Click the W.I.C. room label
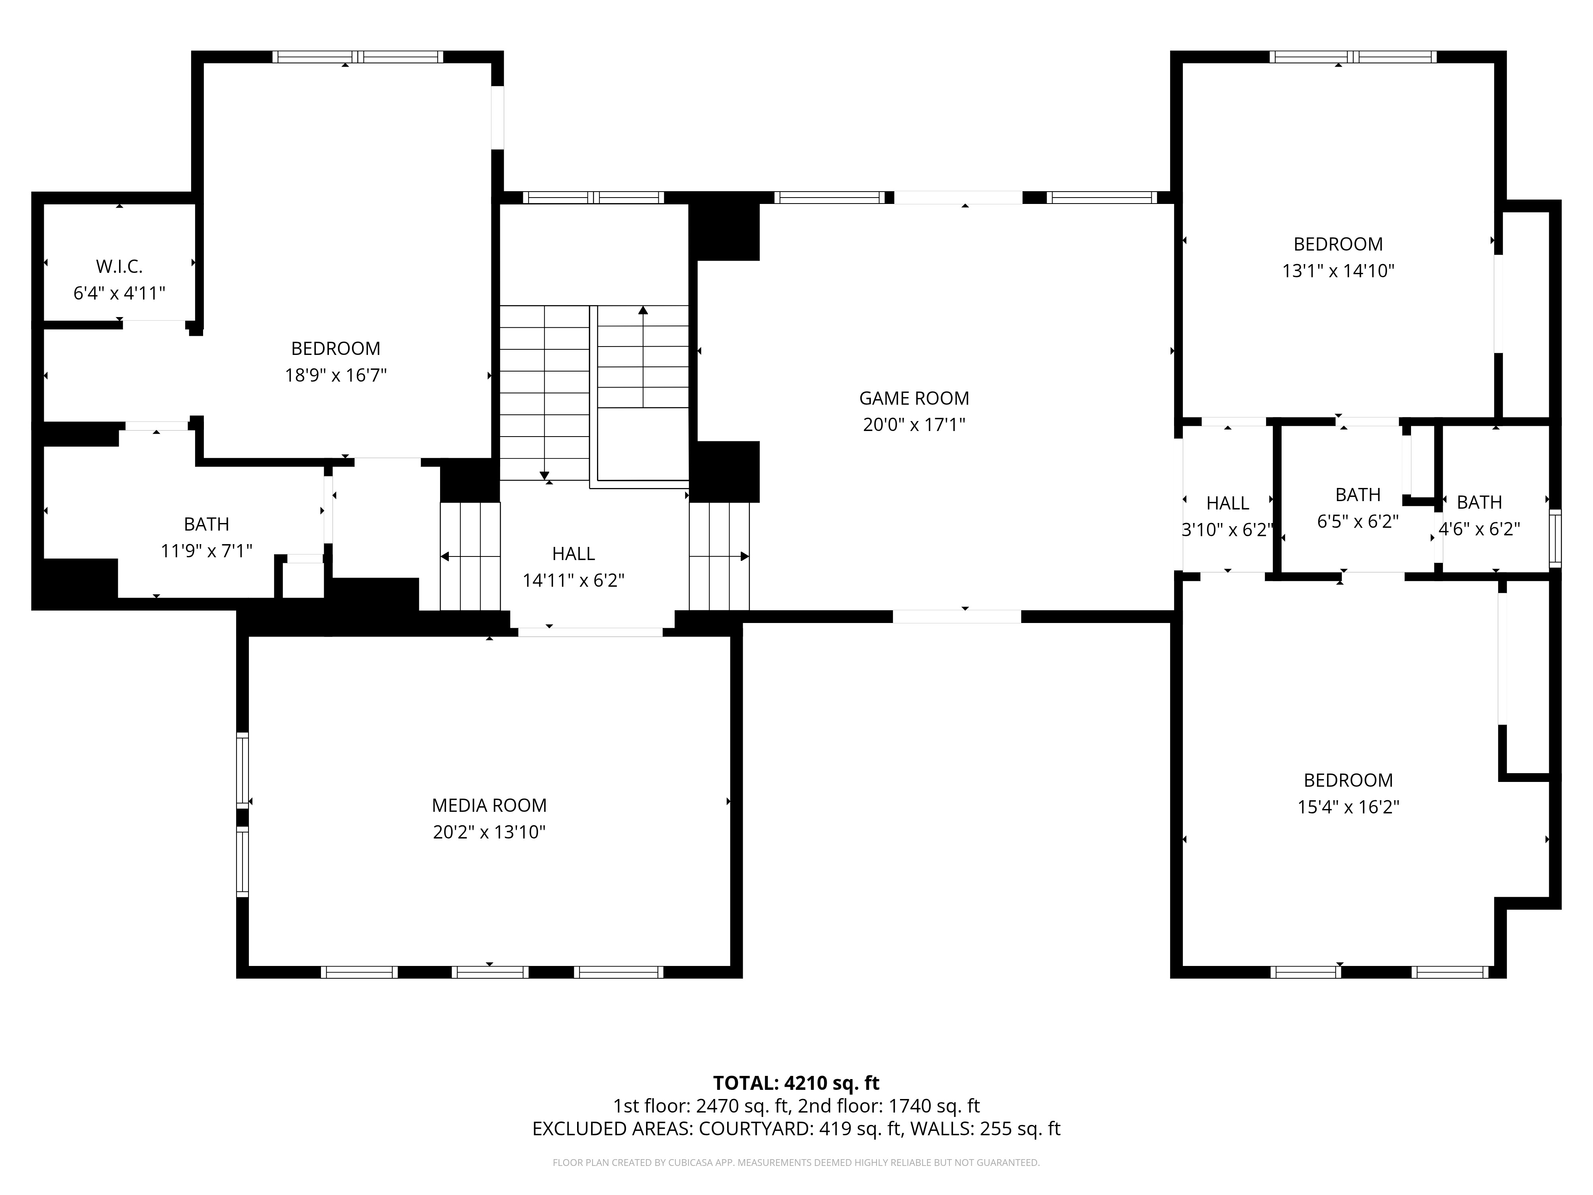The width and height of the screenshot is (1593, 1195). click(x=119, y=266)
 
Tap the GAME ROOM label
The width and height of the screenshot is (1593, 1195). click(x=914, y=398)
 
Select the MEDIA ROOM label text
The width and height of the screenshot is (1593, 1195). click(x=489, y=805)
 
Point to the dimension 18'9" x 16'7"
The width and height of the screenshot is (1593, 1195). click(x=336, y=375)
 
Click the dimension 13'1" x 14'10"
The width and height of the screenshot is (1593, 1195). click(x=1338, y=271)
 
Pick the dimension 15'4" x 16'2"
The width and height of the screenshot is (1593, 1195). click(x=1348, y=807)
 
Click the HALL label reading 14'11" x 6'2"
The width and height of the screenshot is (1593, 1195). click(x=573, y=554)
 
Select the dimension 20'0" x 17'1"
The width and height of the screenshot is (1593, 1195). click(x=914, y=425)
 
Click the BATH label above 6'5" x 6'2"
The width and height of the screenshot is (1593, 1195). click(x=1358, y=495)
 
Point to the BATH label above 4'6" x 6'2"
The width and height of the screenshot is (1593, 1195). click(x=1479, y=502)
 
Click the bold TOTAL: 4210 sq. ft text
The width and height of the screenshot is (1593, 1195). click(x=796, y=1083)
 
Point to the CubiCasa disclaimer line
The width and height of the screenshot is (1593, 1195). click(x=796, y=1163)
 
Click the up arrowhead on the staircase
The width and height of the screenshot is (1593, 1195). click(x=643, y=310)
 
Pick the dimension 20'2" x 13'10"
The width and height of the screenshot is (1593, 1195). click(x=489, y=832)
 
